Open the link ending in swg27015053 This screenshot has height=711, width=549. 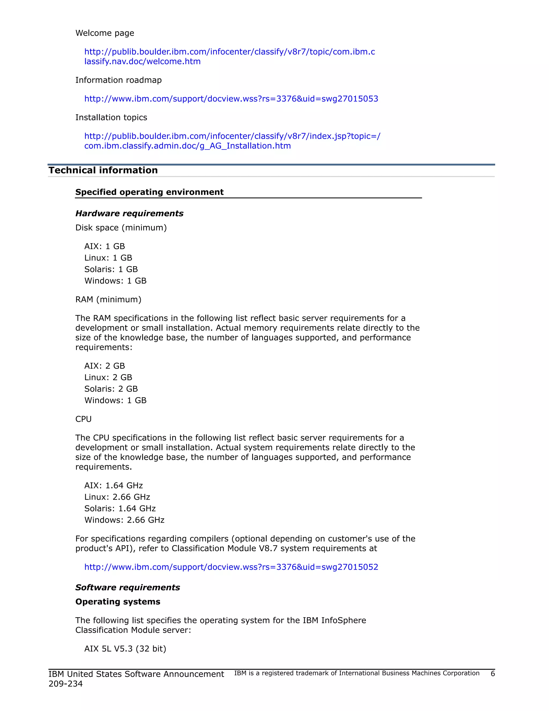tap(231, 99)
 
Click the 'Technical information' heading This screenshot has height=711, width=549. tap(103, 170)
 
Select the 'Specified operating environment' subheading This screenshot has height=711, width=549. tap(149, 192)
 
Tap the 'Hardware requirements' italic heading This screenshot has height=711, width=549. tap(129, 213)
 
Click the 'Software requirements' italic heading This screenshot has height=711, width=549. tap(128, 587)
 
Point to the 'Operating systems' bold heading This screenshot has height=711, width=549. tap(118, 602)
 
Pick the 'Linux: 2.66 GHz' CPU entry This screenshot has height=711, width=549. tap(117, 497)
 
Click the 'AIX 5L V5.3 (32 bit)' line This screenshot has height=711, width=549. tap(125, 648)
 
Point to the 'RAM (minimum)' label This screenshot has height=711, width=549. tap(108, 299)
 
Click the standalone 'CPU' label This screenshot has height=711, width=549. tap(83, 419)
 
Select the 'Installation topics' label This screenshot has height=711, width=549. tap(111, 117)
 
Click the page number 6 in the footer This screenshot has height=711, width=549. tap(492, 673)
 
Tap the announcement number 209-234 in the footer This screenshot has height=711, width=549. tap(65, 684)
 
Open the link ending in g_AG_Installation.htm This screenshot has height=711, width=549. tap(187, 146)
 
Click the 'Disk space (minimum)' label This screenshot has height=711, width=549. tap(121, 228)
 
